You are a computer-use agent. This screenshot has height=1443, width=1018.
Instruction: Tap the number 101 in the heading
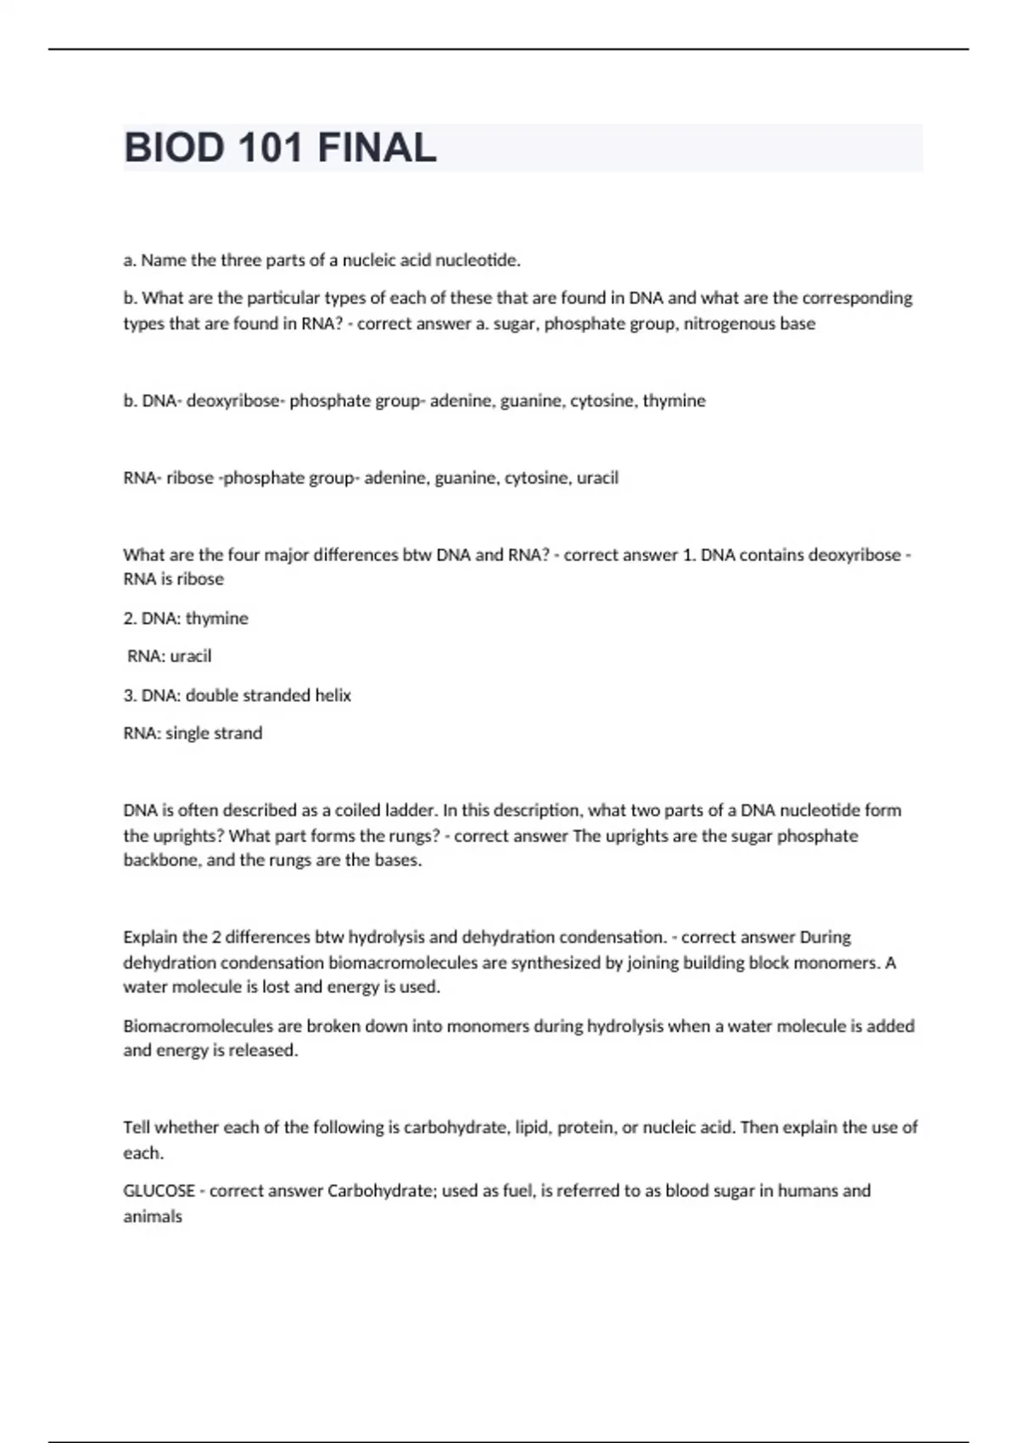[x=271, y=148]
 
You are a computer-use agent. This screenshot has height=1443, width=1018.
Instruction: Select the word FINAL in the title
[x=377, y=148]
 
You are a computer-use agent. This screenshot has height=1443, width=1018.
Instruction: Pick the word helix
[x=333, y=695]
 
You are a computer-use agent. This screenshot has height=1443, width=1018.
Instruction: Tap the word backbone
[x=161, y=860]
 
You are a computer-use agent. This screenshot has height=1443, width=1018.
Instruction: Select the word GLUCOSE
[x=159, y=1191]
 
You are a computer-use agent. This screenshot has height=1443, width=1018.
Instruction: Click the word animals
[x=153, y=1216]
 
